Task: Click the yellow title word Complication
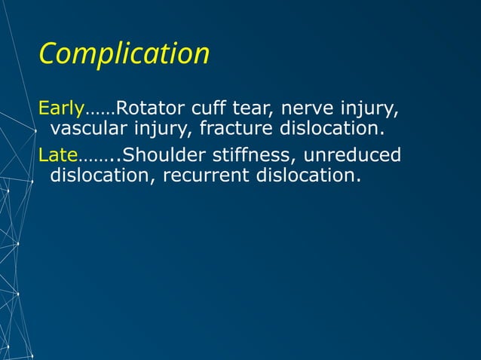click(x=124, y=54)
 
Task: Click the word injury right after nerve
click(x=369, y=111)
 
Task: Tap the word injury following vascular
click(x=165, y=130)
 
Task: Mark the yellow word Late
click(x=58, y=156)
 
